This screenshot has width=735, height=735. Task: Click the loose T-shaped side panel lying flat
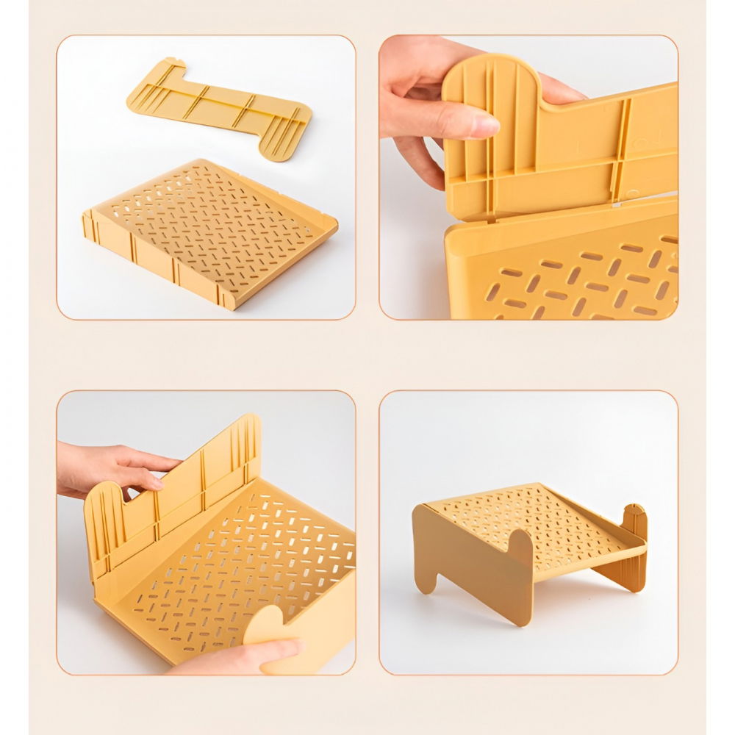pyautogui.click(x=220, y=106)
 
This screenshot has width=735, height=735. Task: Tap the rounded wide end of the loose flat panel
pyautogui.click(x=283, y=136)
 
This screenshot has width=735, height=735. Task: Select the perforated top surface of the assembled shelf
pyautogui.click(x=537, y=514)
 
